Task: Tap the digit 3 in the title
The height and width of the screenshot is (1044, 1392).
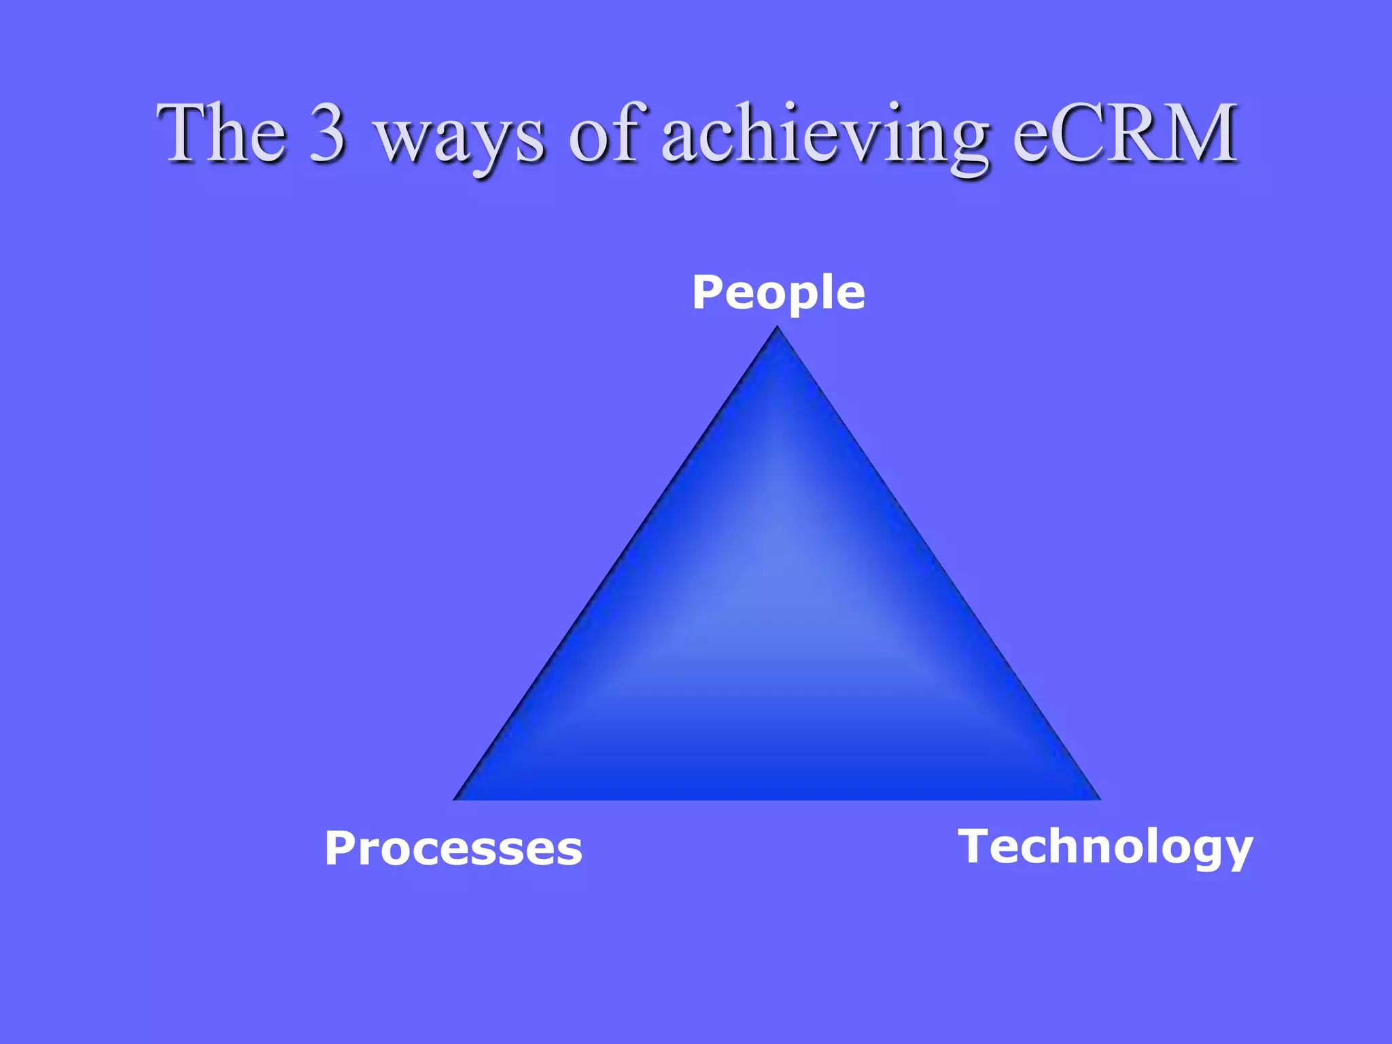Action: point(328,133)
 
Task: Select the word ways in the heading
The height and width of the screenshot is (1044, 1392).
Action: point(460,139)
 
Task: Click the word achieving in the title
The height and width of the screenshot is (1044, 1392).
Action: point(824,136)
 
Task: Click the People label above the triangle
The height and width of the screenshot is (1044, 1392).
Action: point(778,293)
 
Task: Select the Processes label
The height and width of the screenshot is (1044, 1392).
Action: point(453,848)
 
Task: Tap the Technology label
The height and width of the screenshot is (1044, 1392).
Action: point(1105,847)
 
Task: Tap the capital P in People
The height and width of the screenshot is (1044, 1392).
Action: point(708,293)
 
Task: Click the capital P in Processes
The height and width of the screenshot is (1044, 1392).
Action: point(341,848)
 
